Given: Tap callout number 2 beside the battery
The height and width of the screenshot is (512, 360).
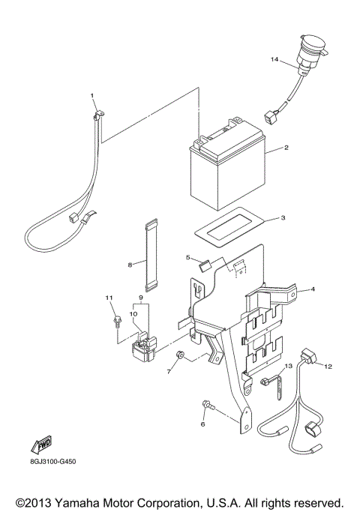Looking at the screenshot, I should coord(286,148).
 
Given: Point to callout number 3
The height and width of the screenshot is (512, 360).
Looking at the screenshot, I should coord(283,218).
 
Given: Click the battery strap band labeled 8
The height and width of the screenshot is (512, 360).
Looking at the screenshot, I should coord(153,255).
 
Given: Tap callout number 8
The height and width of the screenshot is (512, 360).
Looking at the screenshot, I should coord(130,264).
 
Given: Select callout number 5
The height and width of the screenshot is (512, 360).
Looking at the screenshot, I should coord(187,257).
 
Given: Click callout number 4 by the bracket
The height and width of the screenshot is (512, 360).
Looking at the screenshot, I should coord(313,289).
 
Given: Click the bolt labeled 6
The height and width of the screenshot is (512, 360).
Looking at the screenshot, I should coord(207,406).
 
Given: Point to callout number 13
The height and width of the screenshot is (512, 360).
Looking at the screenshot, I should coord(288,366).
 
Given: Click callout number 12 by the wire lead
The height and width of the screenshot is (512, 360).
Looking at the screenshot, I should coord(327,366).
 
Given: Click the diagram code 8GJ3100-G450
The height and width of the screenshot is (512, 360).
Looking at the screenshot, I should coord(50,461).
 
